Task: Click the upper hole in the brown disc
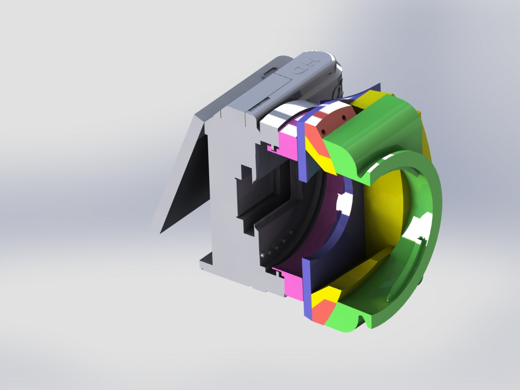point(344,117)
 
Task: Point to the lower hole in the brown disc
point(322,132)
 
